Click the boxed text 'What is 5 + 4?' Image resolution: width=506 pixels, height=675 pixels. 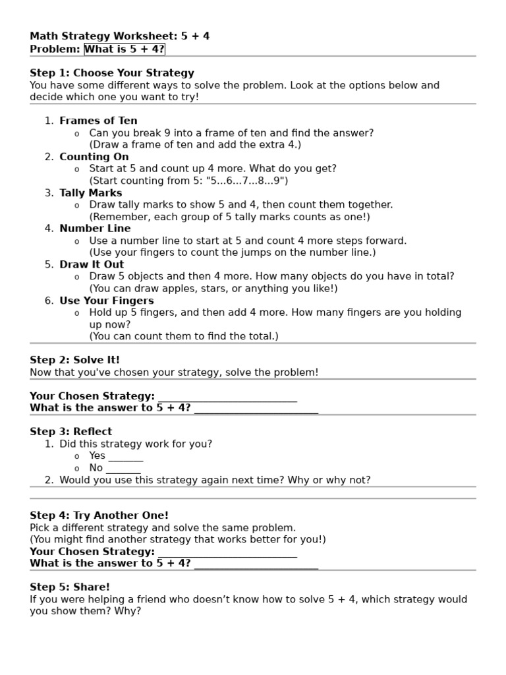coord(125,49)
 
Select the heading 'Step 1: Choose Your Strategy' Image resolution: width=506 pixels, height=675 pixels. coord(112,73)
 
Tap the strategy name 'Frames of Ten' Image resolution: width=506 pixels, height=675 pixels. coord(98,121)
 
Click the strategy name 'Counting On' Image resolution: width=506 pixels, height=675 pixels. coord(94,157)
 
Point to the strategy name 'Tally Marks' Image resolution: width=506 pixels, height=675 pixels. coord(90,193)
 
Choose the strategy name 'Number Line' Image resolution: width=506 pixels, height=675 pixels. coord(95,229)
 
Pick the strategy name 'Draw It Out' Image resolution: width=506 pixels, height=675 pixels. coord(92,265)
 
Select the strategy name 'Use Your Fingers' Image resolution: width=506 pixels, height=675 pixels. coord(106,301)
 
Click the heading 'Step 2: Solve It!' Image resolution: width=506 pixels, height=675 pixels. coord(75,360)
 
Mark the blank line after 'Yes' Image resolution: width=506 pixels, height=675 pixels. coord(126,457)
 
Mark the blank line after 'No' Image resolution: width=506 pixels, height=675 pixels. coord(123,469)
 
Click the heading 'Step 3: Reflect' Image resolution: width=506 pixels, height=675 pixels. coord(71,432)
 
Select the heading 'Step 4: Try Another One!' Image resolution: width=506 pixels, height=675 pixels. coord(99,515)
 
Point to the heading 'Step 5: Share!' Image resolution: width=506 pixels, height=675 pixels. coord(70,587)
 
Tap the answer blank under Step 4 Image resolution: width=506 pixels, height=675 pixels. coord(256,564)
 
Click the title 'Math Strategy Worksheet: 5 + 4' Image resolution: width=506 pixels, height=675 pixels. coord(120,36)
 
